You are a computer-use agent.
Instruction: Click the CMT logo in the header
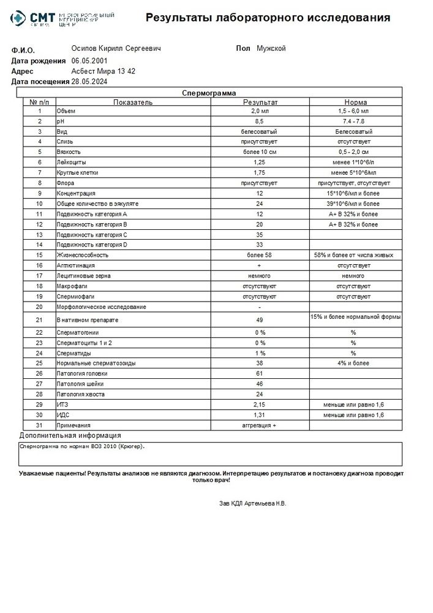[x=37, y=21]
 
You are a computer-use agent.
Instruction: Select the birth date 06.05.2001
[x=89, y=61]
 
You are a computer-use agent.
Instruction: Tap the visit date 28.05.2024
[x=89, y=81]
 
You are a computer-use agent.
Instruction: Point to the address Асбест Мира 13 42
[x=103, y=71]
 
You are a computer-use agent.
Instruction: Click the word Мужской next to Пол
[x=271, y=48]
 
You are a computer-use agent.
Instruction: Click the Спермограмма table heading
[x=209, y=93]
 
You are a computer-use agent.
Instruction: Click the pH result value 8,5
[x=260, y=121]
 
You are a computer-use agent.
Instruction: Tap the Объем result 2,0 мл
[x=260, y=112]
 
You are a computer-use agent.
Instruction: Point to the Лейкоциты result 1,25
[x=260, y=162]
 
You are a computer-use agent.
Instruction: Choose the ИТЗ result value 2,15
[x=260, y=405]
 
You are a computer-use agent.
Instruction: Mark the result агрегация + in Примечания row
[x=260, y=425]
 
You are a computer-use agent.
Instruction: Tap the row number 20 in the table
[x=39, y=306]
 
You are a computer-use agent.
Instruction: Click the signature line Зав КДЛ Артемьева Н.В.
[x=252, y=503]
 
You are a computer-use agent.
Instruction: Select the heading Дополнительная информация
[x=70, y=435]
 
